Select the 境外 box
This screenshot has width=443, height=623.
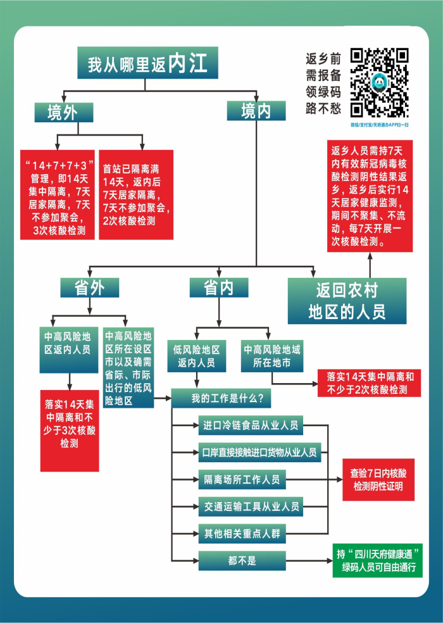click(63, 112)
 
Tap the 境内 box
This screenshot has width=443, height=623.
click(256, 111)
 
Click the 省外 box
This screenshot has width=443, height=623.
click(89, 288)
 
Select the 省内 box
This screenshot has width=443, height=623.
click(218, 288)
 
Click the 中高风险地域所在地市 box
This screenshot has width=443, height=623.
click(271, 356)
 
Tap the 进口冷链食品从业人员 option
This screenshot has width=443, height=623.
click(251, 425)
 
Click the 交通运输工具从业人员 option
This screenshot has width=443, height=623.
click(251, 507)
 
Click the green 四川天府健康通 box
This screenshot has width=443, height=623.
click(377, 560)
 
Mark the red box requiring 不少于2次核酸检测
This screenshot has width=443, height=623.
click(370, 383)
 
